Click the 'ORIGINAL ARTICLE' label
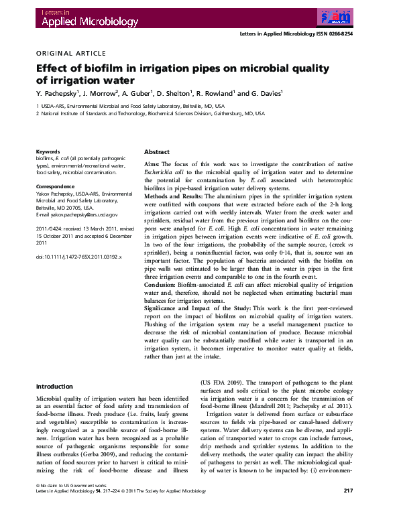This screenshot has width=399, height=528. point(70,53)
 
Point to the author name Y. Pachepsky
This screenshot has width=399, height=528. point(58,93)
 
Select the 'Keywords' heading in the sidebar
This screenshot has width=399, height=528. point(48,152)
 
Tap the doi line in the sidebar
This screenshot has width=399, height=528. point(78,257)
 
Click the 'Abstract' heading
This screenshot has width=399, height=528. point(157,153)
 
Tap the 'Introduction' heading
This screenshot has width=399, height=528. point(54,387)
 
